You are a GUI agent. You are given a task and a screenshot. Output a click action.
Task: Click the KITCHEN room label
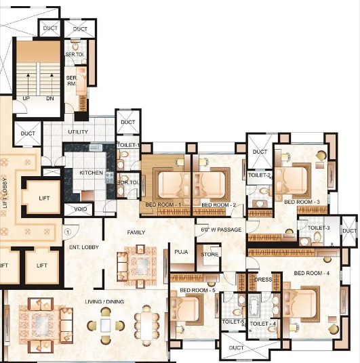tap(92, 173)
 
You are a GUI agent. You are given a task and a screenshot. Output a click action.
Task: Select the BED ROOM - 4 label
tap(311, 272)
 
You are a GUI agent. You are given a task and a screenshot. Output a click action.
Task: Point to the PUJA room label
tap(180, 252)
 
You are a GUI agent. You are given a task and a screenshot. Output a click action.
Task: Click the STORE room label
tap(209, 255)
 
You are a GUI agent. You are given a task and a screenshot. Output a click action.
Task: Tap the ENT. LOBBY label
tap(84, 248)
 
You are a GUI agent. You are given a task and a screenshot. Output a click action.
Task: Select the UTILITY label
tap(78, 131)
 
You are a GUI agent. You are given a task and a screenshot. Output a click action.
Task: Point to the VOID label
tap(80, 209)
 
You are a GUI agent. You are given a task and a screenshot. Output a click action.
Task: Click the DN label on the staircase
tap(49, 98)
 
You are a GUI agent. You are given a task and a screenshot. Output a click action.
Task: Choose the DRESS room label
tap(262, 279)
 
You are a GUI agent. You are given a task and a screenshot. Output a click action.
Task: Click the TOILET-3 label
tap(319, 228)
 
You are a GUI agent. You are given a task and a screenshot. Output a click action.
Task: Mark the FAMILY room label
tap(136, 232)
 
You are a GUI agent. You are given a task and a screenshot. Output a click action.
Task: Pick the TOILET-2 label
tap(260, 175)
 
